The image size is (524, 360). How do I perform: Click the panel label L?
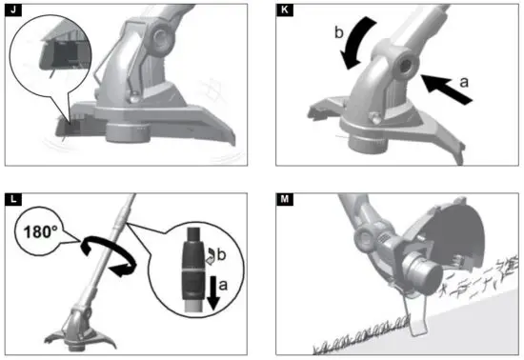[12, 199]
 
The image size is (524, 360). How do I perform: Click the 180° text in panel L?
[37, 230]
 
